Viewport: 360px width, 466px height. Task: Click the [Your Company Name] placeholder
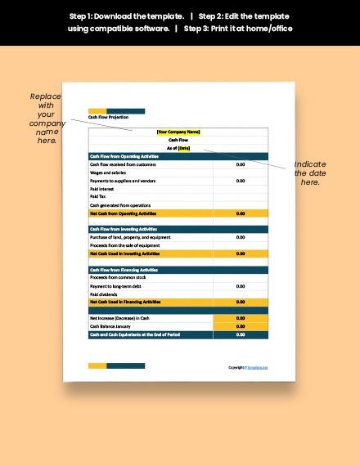[178, 132]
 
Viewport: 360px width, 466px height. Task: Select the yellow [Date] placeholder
[183, 148]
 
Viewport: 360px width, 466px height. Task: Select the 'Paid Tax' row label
[97, 196]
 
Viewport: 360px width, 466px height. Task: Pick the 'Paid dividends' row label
[104, 294]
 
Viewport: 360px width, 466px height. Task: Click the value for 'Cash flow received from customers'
[240, 164]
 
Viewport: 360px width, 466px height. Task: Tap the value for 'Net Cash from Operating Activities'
[240, 213]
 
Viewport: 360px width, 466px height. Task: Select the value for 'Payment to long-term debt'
[240, 286]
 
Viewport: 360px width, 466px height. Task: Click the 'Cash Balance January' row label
[110, 326]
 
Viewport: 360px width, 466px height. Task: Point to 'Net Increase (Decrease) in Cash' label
[119, 318]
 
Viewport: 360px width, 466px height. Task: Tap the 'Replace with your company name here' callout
[46, 118]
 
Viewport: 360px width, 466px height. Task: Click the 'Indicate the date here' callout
[310, 173]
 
